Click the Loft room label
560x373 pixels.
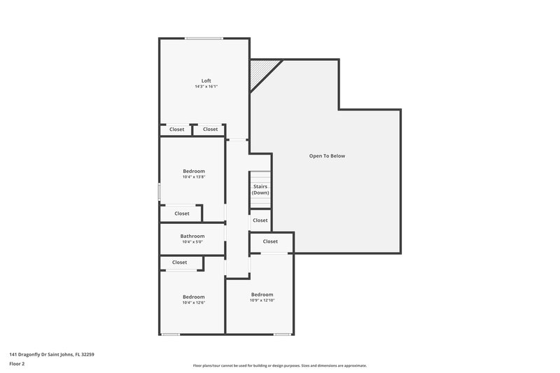point(206,80)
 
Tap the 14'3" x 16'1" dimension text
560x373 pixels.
point(206,87)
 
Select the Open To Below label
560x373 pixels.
point(327,156)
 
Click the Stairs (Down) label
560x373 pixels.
point(260,189)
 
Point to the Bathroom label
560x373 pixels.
point(192,236)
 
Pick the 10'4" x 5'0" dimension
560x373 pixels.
point(192,242)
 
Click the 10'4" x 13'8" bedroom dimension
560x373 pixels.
point(194,177)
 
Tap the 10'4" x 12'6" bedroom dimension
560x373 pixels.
point(194,302)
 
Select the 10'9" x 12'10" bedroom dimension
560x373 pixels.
point(262,300)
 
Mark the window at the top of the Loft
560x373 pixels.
point(204,38)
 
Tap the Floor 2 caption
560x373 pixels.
point(17,364)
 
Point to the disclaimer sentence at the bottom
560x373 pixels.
point(280,365)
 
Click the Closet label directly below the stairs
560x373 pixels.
point(260,220)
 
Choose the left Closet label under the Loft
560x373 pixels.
point(177,129)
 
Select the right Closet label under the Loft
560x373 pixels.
point(210,129)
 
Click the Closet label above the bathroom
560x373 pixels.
point(182,213)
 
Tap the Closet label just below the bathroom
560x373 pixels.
point(180,262)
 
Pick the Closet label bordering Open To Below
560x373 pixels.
point(271,241)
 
